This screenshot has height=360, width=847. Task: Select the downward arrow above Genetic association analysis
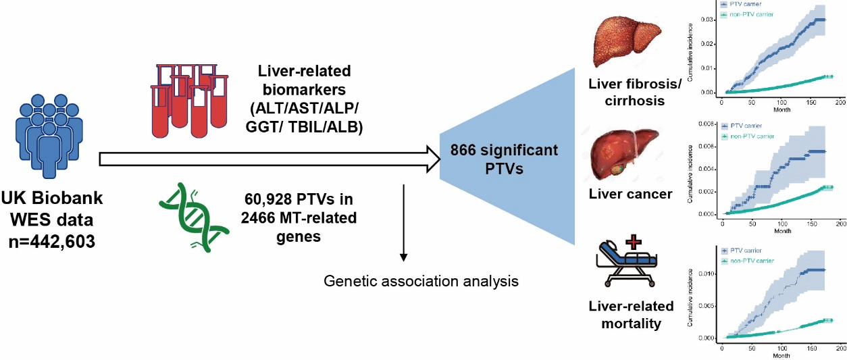click(404, 223)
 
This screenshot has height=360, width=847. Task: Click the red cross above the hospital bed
click(634, 241)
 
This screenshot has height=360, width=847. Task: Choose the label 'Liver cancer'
click(621, 195)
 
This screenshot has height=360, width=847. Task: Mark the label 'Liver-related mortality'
click(624, 314)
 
